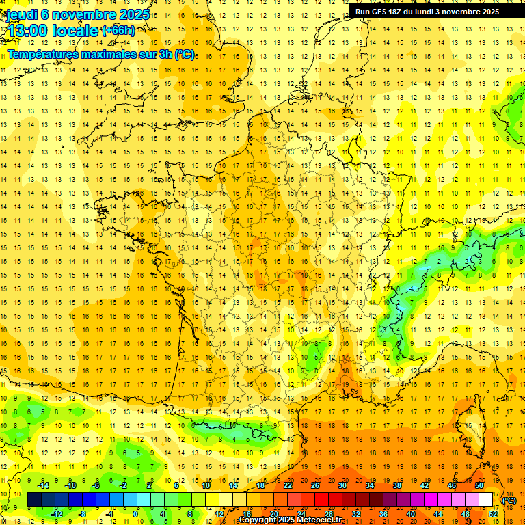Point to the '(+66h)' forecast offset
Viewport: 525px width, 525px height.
(118, 30)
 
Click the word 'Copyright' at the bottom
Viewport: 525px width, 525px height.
(260, 520)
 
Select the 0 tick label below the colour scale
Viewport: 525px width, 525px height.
(135, 513)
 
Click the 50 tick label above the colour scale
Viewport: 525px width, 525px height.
(479, 485)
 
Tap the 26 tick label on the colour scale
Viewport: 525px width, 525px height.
(315, 485)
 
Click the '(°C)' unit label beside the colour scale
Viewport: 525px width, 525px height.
(509, 500)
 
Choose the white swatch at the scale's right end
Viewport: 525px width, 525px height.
(486, 500)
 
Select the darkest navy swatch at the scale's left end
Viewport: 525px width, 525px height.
(34, 500)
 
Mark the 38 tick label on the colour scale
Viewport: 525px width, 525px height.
(397, 485)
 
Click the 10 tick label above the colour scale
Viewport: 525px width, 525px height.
(206, 485)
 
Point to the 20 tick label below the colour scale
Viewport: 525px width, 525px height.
(274, 513)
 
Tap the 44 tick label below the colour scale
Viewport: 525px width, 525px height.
(438, 513)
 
